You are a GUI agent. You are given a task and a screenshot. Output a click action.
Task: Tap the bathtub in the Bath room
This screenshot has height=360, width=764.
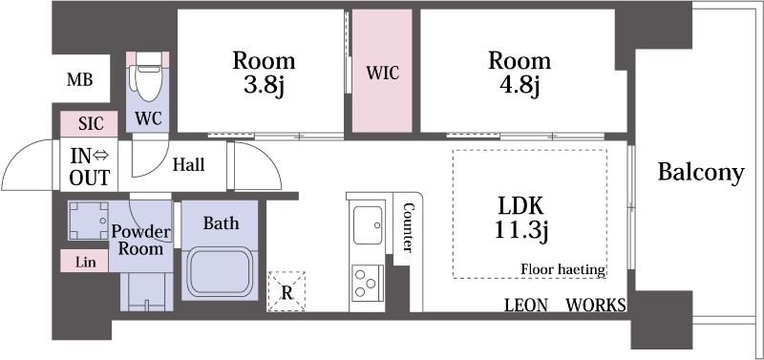221,271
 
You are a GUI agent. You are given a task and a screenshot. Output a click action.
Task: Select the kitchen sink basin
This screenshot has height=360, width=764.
368,224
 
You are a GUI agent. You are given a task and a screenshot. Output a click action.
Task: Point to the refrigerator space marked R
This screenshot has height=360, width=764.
286,291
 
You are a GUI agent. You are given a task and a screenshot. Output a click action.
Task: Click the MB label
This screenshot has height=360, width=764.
80,79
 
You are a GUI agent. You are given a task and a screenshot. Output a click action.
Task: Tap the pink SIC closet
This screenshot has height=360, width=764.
89,124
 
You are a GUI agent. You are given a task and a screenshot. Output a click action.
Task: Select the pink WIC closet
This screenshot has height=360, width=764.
382,71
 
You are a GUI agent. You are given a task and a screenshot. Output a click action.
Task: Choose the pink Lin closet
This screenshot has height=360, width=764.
84,261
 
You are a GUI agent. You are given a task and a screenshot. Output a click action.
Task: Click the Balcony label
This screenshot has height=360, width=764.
701,173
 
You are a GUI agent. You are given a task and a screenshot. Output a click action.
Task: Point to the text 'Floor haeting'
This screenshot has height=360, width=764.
563,269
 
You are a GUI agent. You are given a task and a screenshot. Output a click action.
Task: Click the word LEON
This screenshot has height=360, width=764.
526,306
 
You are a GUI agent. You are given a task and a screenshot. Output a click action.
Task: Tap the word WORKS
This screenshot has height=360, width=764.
596,306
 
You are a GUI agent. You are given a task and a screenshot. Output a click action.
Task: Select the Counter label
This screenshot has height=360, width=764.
409,227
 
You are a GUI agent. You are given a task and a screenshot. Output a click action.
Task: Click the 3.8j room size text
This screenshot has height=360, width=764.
264,89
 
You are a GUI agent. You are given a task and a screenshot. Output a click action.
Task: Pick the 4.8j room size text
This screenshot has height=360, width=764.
520,89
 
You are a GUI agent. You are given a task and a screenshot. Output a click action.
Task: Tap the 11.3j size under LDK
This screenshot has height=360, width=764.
521,230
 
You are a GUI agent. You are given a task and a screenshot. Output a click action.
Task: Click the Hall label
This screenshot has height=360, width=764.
188,164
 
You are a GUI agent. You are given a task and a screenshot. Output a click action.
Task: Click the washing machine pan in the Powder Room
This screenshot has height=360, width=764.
88,221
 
